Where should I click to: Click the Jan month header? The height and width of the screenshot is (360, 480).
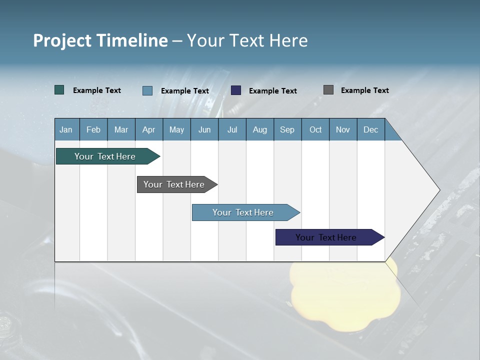click(x=66, y=129)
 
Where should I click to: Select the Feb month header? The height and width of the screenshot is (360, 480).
click(x=93, y=129)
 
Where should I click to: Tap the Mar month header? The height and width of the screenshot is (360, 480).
click(x=121, y=129)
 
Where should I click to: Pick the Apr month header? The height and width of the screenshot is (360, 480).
click(x=149, y=129)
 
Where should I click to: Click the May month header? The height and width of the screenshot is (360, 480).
click(x=176, y=129)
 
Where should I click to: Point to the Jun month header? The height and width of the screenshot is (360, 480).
click(x=204, y=129)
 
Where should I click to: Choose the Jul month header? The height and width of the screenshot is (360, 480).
click(x=232, y=129)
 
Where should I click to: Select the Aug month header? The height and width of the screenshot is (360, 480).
click(x=260, y=129)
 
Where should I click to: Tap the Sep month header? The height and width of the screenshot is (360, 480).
click(x=287, y=129)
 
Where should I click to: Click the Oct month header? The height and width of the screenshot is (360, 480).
click(x=315, y=129)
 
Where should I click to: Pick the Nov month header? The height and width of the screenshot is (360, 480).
click(x=343, y=129)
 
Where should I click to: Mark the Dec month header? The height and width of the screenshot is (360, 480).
click(x=371, y=129)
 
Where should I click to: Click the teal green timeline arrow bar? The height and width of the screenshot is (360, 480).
click(x=105, y=156)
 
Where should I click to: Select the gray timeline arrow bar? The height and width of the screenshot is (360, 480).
click(x=174, y=184)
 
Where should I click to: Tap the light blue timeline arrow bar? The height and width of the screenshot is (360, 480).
click(x=243, y=212)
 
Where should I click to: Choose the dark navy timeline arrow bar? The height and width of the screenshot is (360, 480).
click(x=326, y=237)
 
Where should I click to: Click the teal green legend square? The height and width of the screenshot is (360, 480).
click(x=59, y=90)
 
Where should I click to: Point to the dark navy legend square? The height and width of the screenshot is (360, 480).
click(x=236, y=90)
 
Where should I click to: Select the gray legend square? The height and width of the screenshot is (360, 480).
click(x=328, y=90)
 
